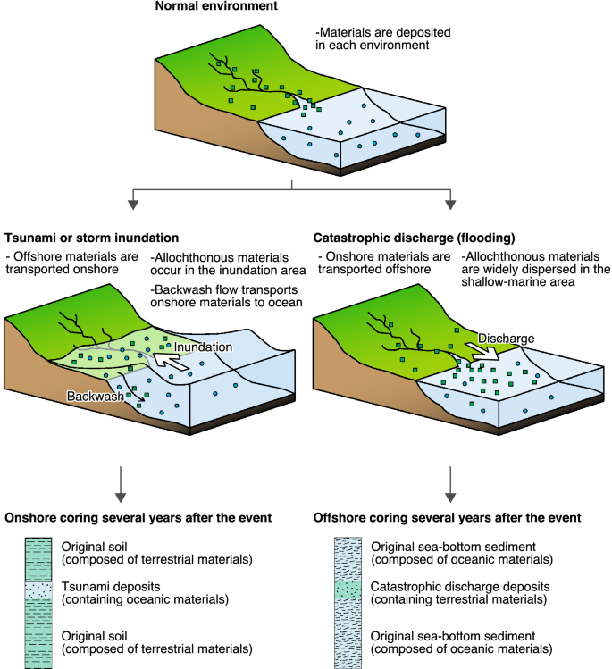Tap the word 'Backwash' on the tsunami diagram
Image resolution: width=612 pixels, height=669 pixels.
coord(94,394)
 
